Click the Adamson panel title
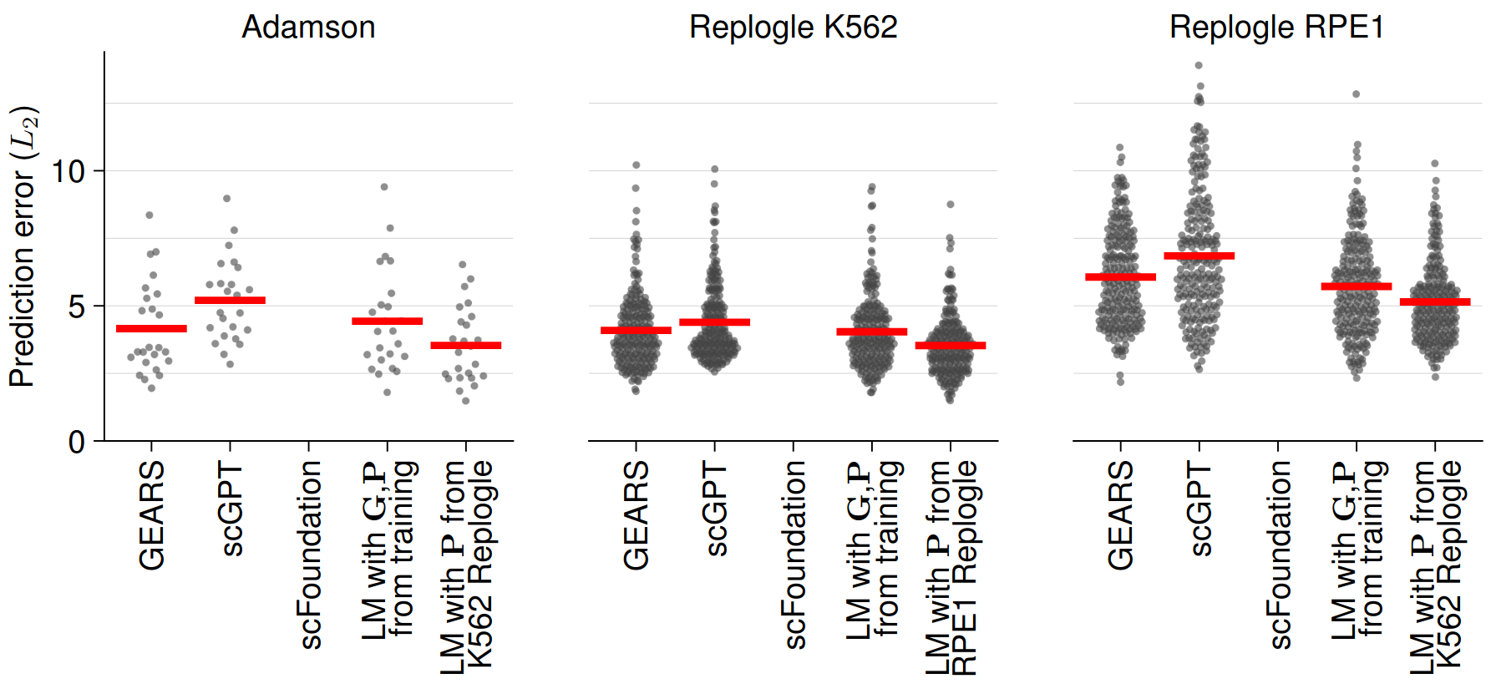point(308,28)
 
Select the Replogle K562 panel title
point(793,28)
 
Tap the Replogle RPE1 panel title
point(1276,28)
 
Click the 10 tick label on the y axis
point(68,172)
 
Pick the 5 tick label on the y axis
point(76,306)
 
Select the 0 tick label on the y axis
point(76,442)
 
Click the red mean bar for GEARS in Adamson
point(151,328)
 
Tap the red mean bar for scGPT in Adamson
point(230,300)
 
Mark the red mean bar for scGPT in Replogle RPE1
point(1199,256)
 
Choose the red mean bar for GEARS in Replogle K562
point(636,330)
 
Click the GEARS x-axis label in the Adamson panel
point(152,515)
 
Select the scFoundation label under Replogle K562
point(794,555)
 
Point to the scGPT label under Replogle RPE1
point(1199,509)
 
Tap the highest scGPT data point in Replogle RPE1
point(1199,65)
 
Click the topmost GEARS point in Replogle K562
point(636,165)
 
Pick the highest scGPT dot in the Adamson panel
point(226,199)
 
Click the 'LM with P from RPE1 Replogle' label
point(951,568)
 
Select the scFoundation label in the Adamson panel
point(310,555)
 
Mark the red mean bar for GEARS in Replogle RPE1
point(1120,276)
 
